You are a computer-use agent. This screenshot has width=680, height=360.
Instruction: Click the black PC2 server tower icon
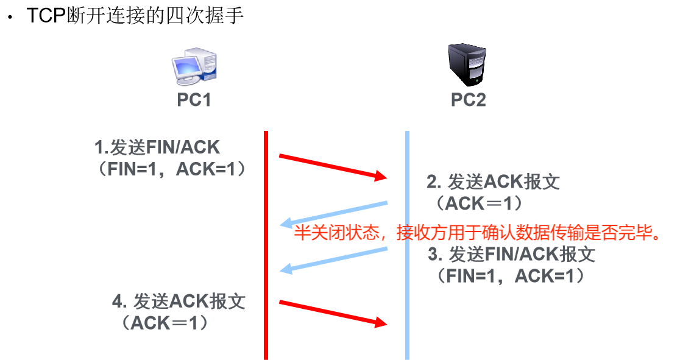click(x=467, y=65)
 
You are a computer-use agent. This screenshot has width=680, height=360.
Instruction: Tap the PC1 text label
click(x=194, y=100)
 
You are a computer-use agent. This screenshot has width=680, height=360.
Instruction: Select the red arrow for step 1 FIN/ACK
click(x=333, y=167)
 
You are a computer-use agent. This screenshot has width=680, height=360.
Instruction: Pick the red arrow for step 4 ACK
click(x=333, y=313)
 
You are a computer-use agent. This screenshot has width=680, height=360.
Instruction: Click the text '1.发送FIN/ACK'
click(x=157, y=147)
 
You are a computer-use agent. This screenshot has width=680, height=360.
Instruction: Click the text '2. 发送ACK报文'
click(x=492, y=182)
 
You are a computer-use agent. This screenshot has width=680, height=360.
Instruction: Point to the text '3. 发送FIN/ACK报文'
click(x=511, y=254)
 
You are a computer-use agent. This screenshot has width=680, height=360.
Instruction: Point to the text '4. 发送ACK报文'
click(x=179, y=302)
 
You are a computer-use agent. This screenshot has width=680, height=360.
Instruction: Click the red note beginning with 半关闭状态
click(x=478, y=233)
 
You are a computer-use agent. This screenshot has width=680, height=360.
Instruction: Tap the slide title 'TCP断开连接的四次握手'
click(x=135, y=15)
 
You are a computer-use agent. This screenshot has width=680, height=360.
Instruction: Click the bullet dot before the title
click(x=9, y=18)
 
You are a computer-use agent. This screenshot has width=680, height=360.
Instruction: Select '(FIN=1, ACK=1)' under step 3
click(x=510, y=276)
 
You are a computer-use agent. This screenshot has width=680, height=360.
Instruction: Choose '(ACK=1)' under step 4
click(x=165, y=323)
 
